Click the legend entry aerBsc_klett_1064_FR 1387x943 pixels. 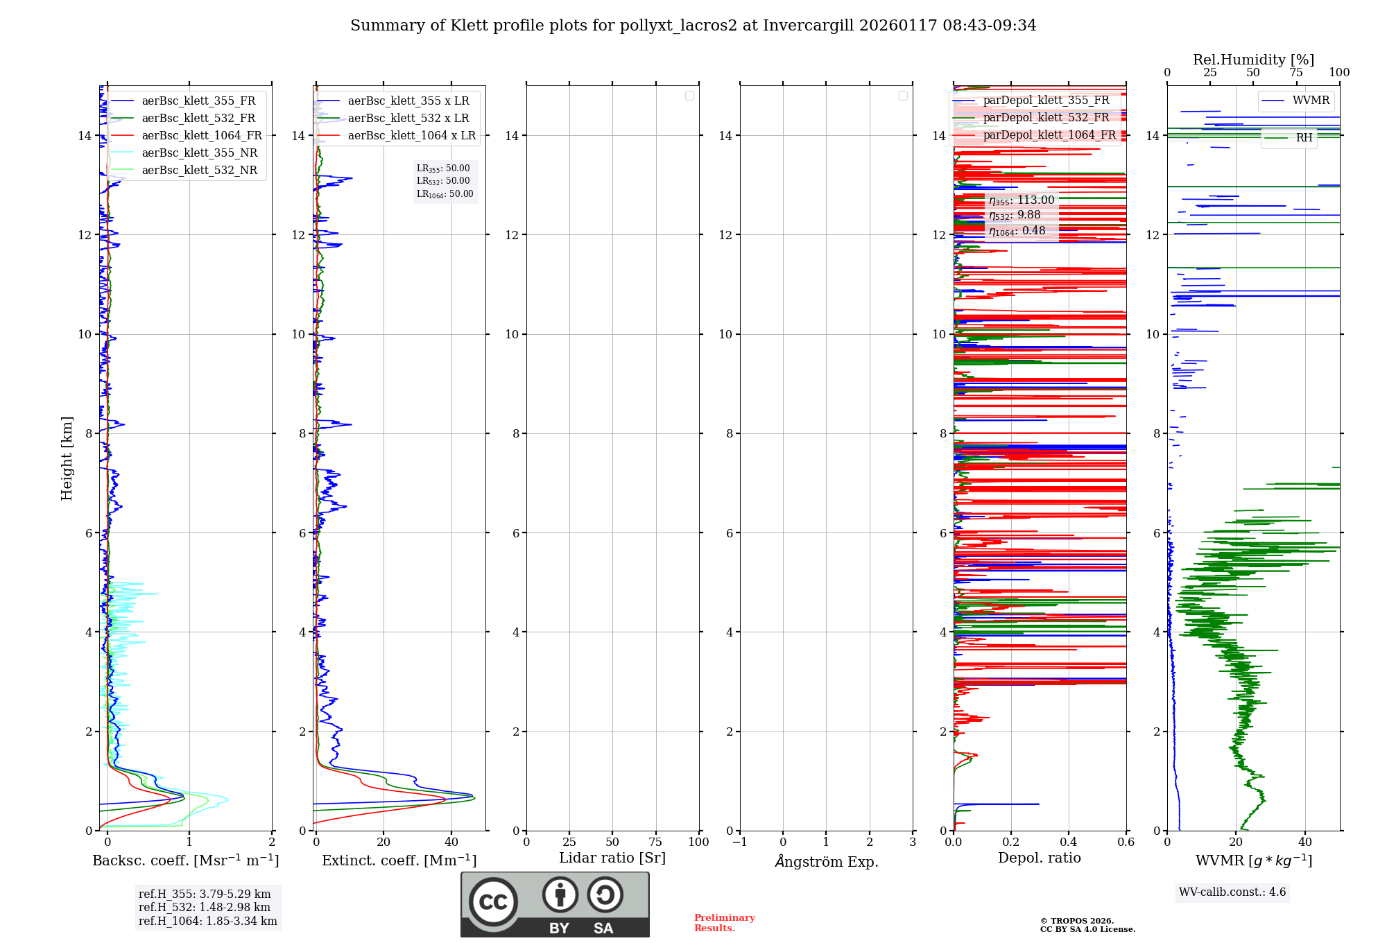point(201,136)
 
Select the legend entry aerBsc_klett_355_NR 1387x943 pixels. point(199,153)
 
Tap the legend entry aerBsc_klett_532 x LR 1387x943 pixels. point(408,119)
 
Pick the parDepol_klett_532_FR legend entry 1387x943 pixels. point(1046,118)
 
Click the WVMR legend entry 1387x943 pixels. point(1311,101)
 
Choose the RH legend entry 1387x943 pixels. point(1304,138)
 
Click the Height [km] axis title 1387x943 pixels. point(67,458)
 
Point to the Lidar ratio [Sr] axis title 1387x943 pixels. point(612,858)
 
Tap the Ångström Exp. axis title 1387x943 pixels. point(826,861)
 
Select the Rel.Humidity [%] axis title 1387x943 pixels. point(1253,60)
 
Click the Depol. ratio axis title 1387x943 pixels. point(1039,858)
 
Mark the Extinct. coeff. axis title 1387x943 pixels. point(399,860)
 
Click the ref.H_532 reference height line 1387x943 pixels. point(205,908)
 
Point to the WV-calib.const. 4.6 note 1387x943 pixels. point(1232,892)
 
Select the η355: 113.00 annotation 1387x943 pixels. point(1022,200)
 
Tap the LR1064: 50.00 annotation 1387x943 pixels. point(445,194)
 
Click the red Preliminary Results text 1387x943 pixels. point(724,923)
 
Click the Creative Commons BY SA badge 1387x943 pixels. point(555,904)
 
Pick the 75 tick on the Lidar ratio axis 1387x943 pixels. point(655,842)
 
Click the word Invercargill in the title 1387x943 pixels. point(808,26)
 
